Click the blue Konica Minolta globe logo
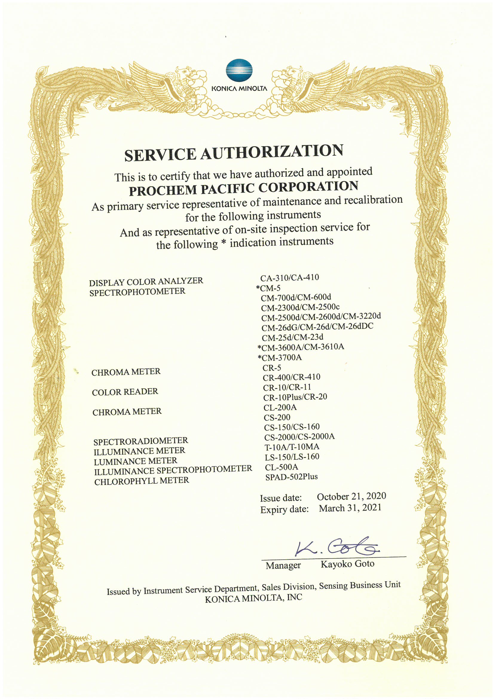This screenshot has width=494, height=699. tap(239, 70)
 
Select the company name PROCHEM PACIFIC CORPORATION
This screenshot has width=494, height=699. tap(243, 188)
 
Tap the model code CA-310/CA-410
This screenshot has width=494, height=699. tap(290, 278)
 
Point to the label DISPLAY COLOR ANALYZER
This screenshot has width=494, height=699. tap(146, 282)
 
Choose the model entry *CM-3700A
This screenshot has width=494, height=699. tap(280, 357)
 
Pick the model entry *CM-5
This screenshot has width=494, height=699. tap(268, 288)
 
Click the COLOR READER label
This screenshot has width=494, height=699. tap(125, 392)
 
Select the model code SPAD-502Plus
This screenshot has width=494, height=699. tap(291, 477)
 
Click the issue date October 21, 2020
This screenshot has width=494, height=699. tap(351, 497)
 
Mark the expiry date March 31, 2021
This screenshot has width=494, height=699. tap(350, 508)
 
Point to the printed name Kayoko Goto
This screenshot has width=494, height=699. tap(347, 564)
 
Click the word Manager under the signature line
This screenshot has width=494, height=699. tap(283, 565)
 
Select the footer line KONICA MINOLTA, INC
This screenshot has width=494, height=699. tap(253, 599)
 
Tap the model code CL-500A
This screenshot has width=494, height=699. tap(281, 467)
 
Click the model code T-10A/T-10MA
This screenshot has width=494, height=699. tap(292, 447)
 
